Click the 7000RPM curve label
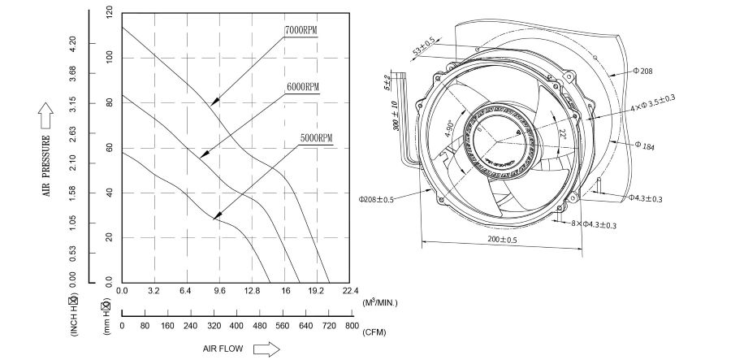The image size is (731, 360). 301,30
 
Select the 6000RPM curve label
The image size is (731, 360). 302,86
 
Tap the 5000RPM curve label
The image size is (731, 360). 317,138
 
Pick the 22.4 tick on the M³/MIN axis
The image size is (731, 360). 350,290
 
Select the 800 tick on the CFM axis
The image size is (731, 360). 351,326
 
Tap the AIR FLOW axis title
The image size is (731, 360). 224,348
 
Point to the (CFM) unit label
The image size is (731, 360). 374,332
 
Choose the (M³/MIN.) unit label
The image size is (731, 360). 380,302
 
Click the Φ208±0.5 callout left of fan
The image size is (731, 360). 376,198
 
